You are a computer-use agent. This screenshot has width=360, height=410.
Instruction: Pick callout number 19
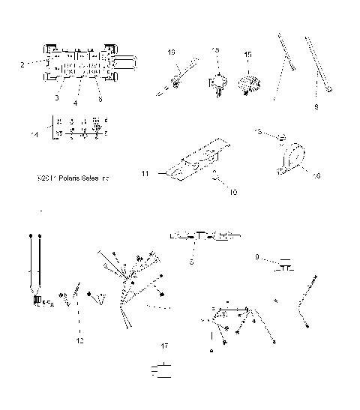pos(171,52)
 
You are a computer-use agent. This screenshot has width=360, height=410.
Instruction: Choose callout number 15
pos(248,55)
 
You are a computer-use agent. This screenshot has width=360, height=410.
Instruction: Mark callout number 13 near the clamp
pos(259,132)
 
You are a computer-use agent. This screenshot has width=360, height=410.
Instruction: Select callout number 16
pos(316,175)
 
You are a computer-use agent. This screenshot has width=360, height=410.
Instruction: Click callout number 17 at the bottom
pos(163,346)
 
